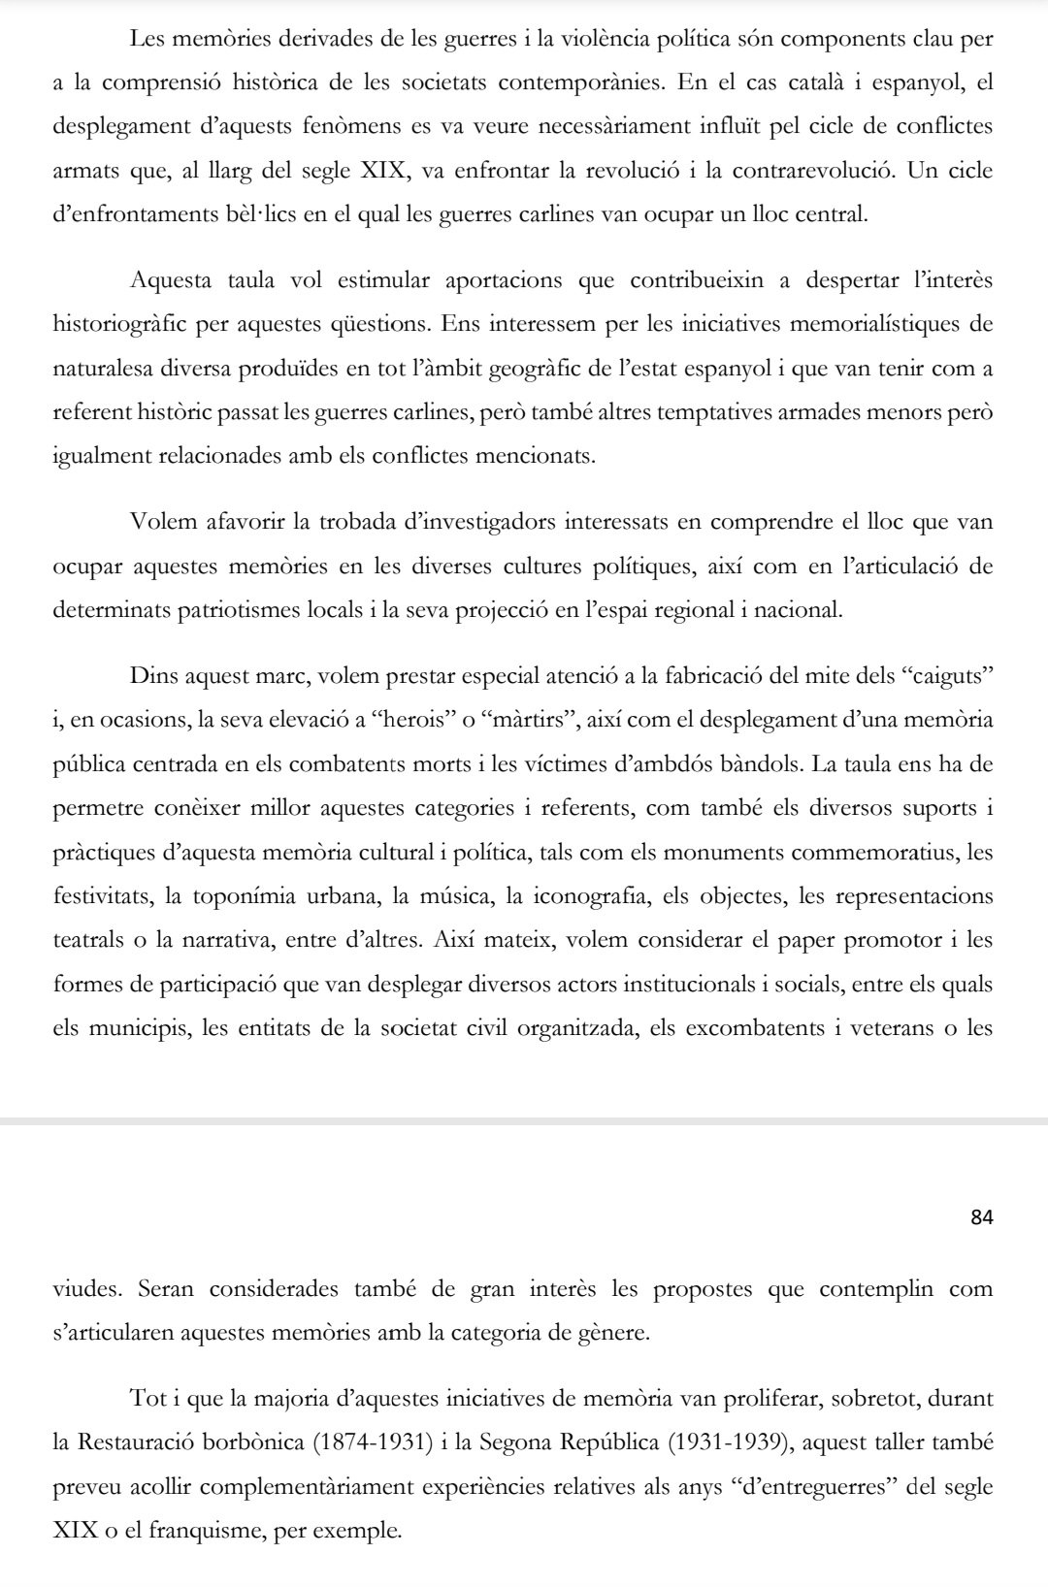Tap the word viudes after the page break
pos(88,1290)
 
